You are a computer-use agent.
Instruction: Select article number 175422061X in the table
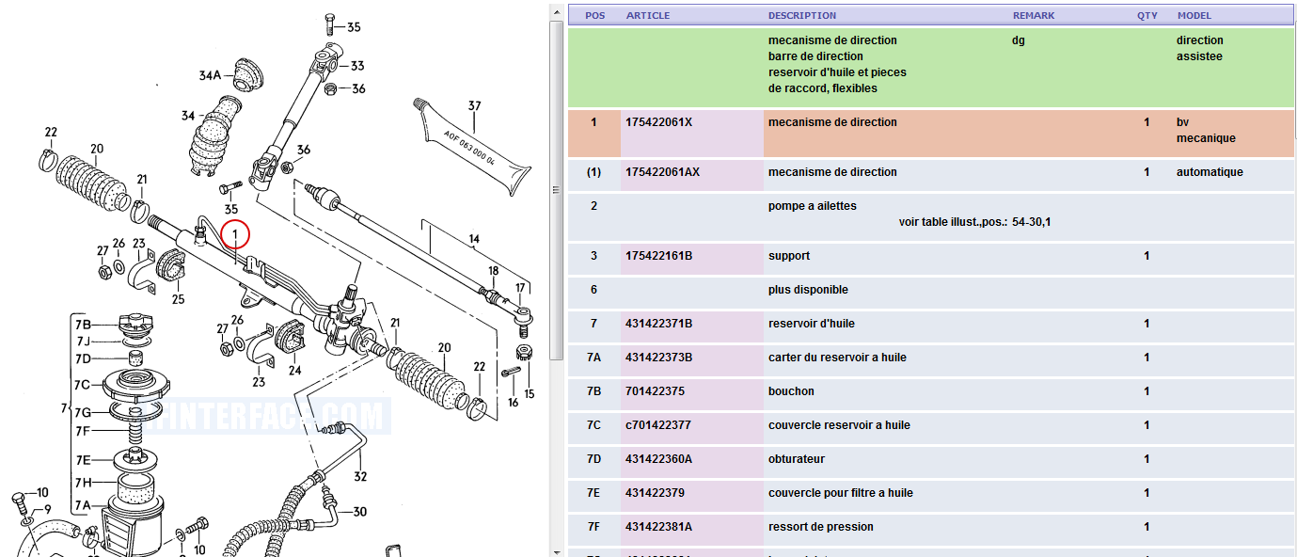[658, 122]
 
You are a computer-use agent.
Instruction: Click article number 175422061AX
[662, 172]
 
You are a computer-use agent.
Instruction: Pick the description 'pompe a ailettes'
[812, 206]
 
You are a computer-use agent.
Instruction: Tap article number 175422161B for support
[658, 256]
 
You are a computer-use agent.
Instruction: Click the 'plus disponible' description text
[808, 290]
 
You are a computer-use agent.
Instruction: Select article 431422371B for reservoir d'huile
[658, 324]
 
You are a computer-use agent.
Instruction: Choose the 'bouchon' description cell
[791, 391]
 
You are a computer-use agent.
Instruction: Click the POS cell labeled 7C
[593, 425]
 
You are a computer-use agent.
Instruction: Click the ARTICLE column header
[648, 16]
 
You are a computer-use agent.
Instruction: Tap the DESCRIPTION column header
[801, 16]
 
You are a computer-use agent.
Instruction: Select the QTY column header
[1147, 16]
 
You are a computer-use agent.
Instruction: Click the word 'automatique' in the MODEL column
[1210, 172]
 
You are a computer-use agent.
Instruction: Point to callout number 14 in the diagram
[474, 239]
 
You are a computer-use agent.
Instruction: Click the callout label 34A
[209, 75]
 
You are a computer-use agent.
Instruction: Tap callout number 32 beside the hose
[360, 476]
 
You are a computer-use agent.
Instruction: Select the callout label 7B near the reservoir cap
[83, 325]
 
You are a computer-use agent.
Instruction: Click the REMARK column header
[1033, 16]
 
